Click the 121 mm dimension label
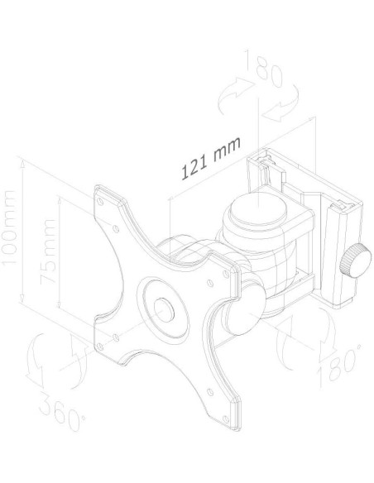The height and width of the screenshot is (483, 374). point(211,158)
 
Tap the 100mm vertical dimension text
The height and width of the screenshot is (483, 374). point(8,227)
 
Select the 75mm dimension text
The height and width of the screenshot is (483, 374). point(48,251)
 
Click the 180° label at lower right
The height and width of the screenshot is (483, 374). point(340,365)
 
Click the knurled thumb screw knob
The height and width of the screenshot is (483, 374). point(355,260)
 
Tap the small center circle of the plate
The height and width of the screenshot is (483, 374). point(164,309)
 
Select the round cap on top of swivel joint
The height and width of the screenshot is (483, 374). point(258,207)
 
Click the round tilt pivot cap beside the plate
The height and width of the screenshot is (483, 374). point(245,309)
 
